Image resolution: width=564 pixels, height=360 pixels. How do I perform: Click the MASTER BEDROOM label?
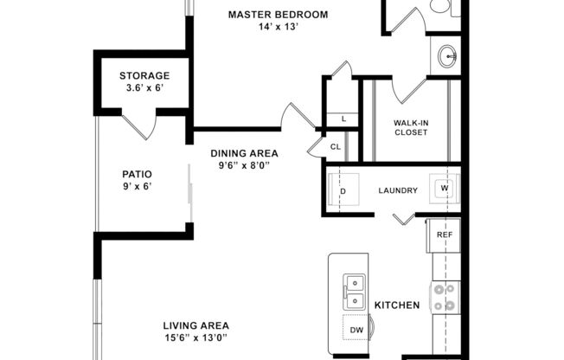(x=279, y=15)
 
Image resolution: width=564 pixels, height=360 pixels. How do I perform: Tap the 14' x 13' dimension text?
(x=278, y=27)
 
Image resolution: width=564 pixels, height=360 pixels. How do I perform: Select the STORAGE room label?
(x=144, y=76)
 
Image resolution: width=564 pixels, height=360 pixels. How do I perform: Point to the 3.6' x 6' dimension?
(x=144, y=88)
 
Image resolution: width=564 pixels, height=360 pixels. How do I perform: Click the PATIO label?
(x=137, y=174)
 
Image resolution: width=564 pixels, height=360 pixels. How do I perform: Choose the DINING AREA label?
(x=245, y=154)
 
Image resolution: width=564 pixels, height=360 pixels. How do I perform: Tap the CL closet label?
(x=336, y=147)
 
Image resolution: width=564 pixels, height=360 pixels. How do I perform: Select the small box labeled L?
(x=343, y=119)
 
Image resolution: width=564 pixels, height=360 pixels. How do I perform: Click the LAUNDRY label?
(x=398, y=190)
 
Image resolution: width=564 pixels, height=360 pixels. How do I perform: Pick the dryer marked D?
(x=343, y=190)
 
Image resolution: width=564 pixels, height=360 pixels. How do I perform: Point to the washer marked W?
(x=445, y=189)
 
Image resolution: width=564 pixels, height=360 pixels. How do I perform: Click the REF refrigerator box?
(x=444, y=235)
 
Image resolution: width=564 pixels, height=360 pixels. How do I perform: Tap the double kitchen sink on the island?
(x=354, y=292)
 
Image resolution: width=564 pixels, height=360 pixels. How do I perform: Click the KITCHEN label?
(x=397, y=305)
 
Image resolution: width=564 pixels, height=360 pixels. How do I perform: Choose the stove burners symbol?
(x=445, y=297)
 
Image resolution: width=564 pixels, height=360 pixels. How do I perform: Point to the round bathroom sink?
(x=448, y=58)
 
